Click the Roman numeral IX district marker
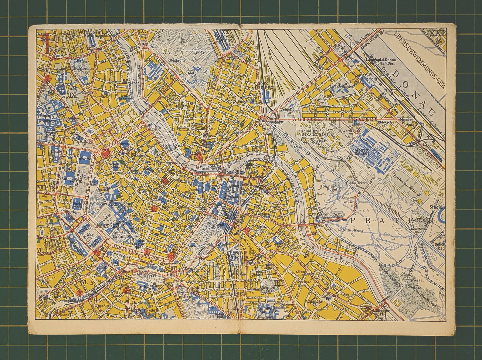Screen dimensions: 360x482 72,95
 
